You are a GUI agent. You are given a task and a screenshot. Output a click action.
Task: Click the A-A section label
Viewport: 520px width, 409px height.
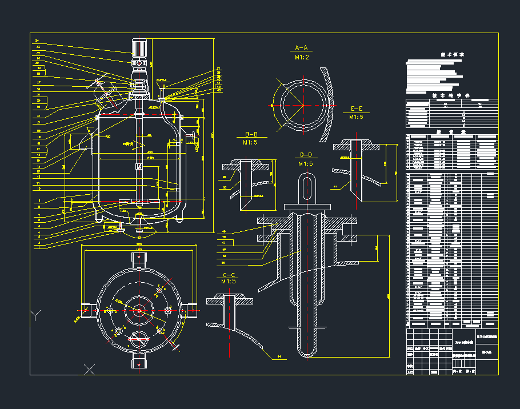[x=301, y=47]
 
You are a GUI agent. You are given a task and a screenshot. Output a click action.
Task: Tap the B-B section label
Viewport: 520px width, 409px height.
[x=251, y=134]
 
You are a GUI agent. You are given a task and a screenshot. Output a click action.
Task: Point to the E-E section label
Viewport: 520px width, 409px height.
[x=357, y=108]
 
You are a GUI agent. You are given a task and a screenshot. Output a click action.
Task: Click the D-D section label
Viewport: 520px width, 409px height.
[x=306, y=155]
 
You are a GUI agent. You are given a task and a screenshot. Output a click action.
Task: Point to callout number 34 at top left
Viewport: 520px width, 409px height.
[x=37, y=41]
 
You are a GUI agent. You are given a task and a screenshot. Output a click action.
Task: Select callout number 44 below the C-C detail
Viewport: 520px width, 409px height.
[x=279, y=357]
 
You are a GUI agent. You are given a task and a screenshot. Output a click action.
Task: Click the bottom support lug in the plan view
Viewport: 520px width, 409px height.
[x=139, y=361]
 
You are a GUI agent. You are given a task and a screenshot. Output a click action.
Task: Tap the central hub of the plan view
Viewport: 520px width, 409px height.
[x=139, y=310]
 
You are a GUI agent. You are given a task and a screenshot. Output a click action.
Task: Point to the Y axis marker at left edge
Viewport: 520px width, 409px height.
[x=37, y=314]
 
